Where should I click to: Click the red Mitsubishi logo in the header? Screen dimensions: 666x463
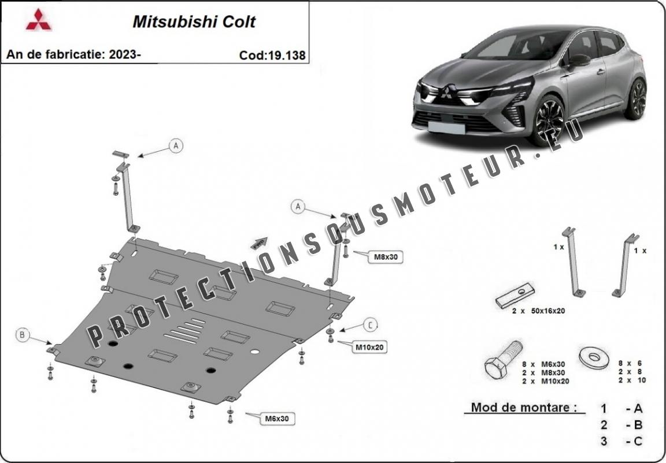[x=39, y=20]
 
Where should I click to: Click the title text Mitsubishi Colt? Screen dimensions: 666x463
[x=194, y=22]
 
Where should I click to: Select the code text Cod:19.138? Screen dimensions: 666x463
[x=272, y=55]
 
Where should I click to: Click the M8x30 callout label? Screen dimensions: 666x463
[x=385, y=256]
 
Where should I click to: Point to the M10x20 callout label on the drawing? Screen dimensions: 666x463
[x=369, y=348]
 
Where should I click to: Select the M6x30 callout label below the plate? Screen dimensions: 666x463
[x=277, y=419]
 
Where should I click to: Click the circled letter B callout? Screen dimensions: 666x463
[x=22, y=335]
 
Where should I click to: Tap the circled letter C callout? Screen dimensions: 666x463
[x=371, y=325]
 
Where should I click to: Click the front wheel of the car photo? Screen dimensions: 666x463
[x=548, y=120]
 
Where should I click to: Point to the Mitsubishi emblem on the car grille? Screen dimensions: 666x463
[x=446, y=92]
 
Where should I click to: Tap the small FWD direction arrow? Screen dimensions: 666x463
[x=259, y=243]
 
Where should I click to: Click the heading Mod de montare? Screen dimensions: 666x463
[x=524, y=408]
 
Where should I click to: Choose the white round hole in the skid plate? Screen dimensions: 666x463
[x=255, y=352]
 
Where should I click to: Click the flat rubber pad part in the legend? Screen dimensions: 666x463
[x=515, y=296]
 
